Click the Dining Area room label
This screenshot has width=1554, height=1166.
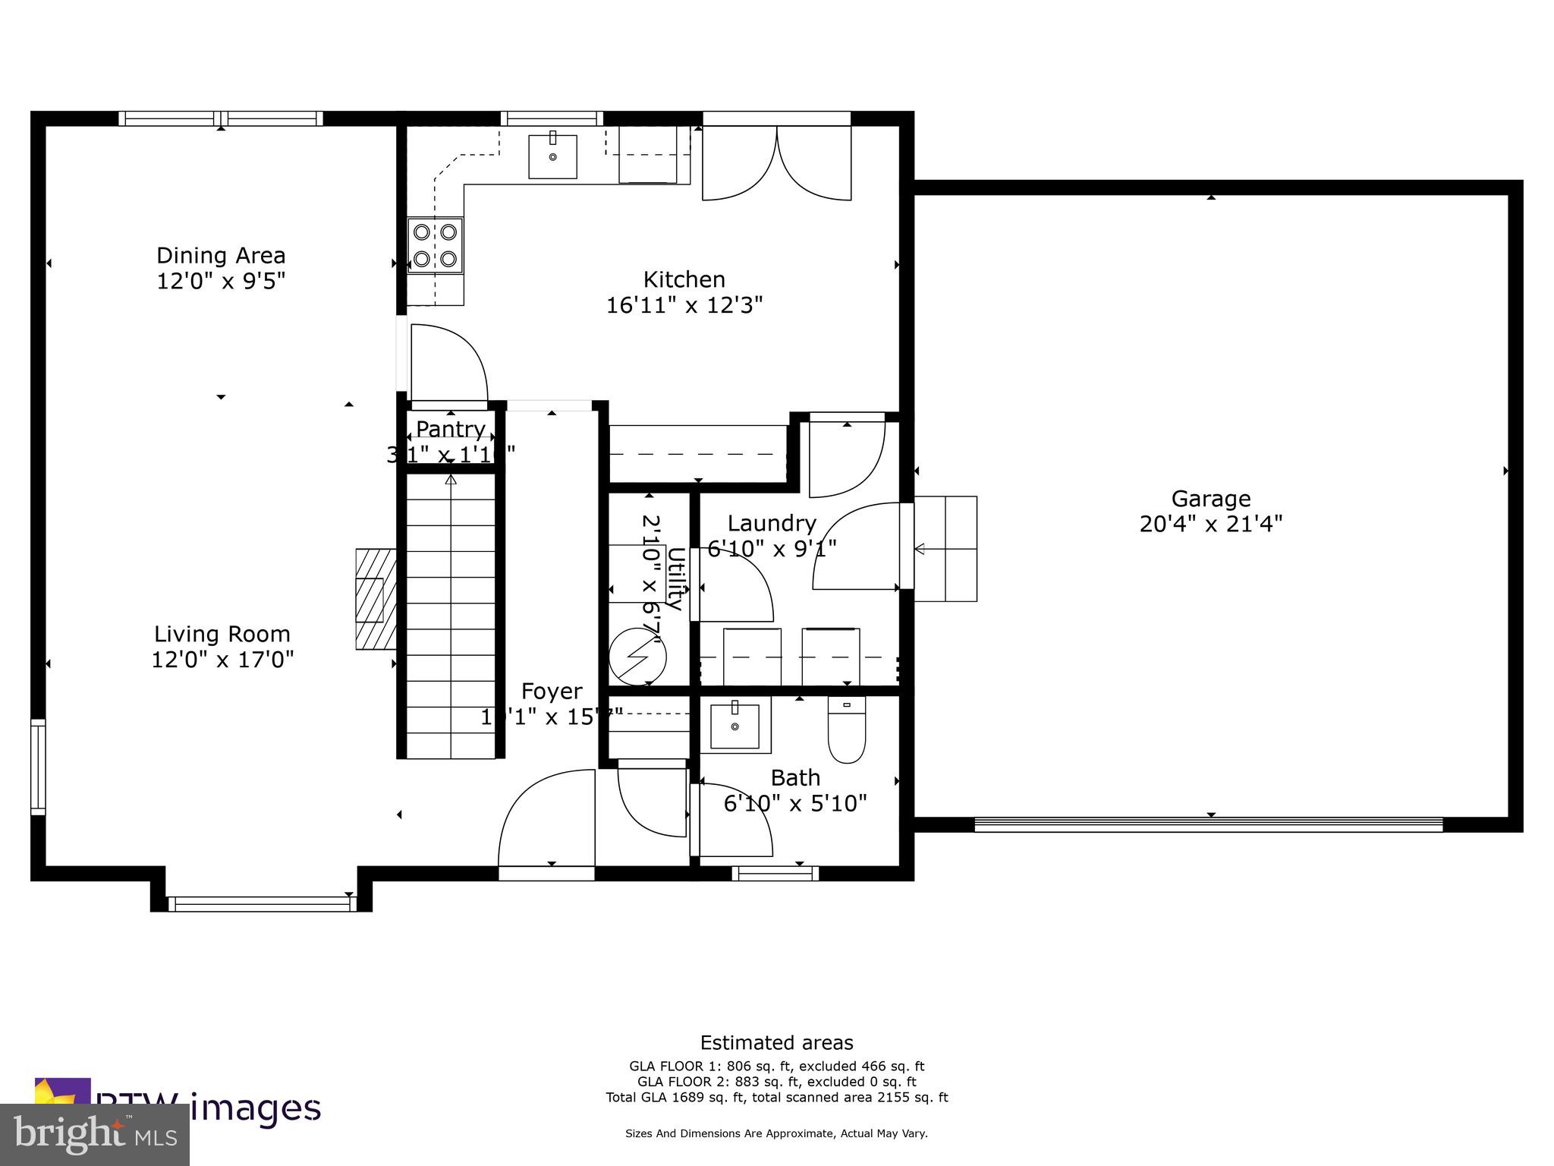click(x=221, y=255)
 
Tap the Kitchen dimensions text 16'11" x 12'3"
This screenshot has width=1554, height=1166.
click(x=684, y=305)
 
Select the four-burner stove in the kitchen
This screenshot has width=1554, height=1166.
click(x=435, y=245)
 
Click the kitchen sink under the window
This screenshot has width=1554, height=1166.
click(x=552, y=156)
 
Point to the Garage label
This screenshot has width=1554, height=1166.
click(x=1210, y=499)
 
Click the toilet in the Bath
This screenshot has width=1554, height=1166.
click(x=846, y=730)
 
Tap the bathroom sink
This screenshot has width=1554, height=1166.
click(x=735, y=725)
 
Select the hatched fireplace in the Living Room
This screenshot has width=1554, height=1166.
click(x=376, y=599)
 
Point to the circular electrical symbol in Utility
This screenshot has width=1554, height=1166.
click(x=637, y=655)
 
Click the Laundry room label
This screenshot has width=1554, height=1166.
click(x=771, y=523)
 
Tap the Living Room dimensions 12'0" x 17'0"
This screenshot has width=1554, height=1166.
click(x=222, y=660)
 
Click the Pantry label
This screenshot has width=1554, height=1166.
click(x=451, y=429)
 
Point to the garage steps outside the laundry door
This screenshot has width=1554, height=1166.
click(x=945, y=548)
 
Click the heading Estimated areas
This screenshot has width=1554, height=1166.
click(x=776, y=1043)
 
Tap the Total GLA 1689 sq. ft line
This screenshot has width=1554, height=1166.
click(x=776, y=1097)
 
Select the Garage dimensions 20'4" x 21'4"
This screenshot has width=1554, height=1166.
click(x=1210, y=525)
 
